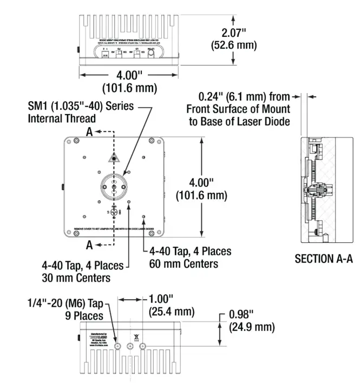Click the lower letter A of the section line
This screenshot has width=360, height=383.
[89, 245]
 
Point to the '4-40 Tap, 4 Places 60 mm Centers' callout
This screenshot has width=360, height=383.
[184, 257]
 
